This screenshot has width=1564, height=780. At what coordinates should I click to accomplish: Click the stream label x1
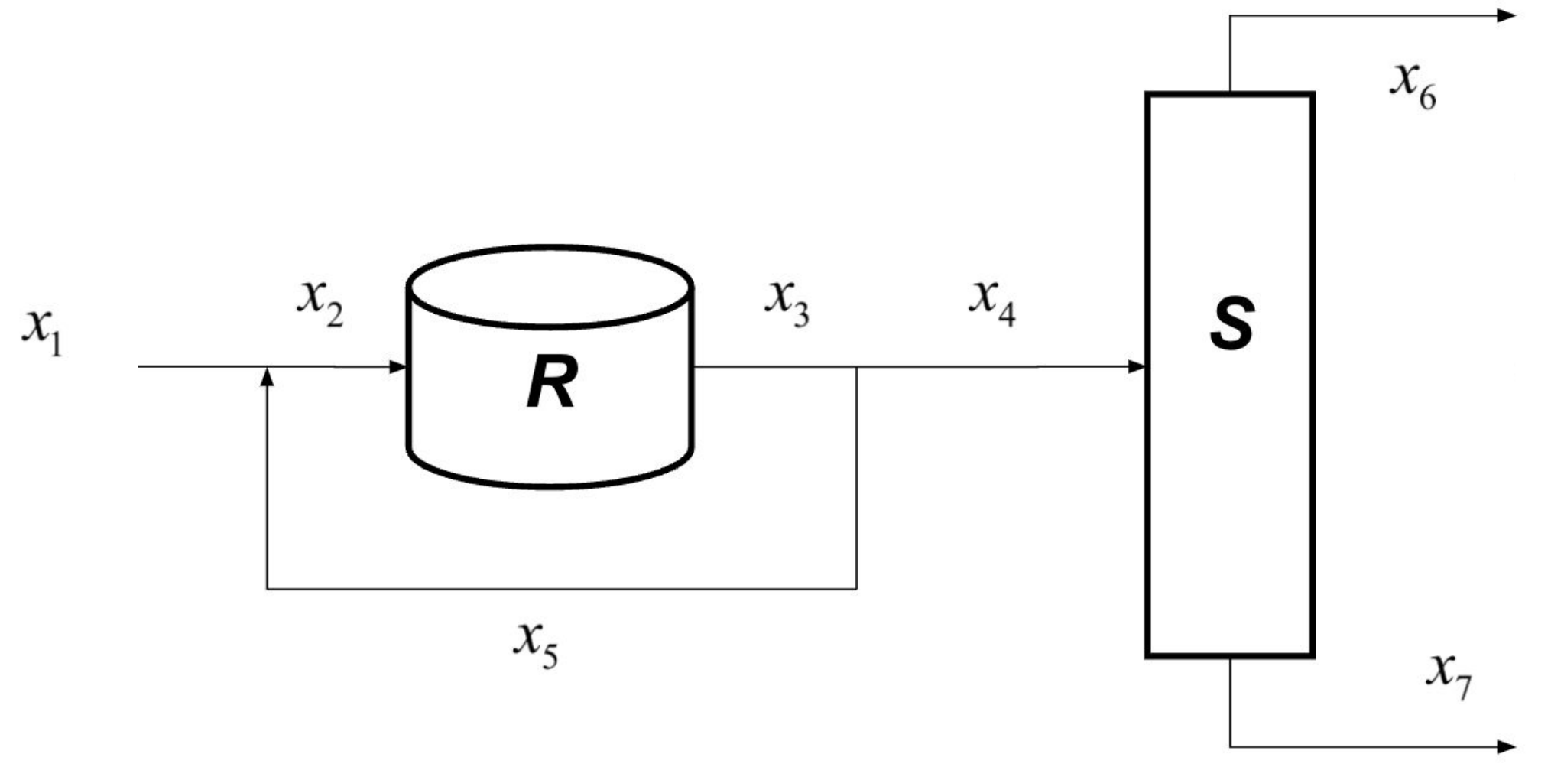tap(42, 333)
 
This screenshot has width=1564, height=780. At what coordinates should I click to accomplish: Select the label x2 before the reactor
tap(320, 303)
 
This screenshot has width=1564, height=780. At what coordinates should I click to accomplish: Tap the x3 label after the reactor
tap(787, 303)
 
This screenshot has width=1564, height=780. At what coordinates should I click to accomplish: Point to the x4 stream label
tap(992, 303)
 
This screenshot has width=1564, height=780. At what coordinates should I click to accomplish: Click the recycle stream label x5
tap(535, 645)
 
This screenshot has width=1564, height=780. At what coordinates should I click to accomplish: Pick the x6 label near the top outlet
tap(1413, 86)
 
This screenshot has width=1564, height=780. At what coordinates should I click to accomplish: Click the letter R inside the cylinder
tap(551, 385)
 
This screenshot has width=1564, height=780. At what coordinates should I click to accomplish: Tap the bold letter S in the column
tap(1231, 324)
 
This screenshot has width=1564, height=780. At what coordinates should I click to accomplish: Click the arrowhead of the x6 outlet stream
tap(1507, 15)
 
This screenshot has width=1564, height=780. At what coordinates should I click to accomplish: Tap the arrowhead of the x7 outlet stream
tap(1507, 746)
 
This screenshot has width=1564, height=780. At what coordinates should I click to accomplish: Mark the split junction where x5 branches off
tap(856, 367)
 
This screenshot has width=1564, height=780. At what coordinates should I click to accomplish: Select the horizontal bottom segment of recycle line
tap(562, 589)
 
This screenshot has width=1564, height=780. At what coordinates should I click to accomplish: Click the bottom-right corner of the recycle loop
tap(856, 589)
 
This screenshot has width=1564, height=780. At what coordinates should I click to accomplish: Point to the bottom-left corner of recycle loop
tap(267, 589)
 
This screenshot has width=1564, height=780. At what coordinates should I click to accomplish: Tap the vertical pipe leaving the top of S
tap(1230, 54)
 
